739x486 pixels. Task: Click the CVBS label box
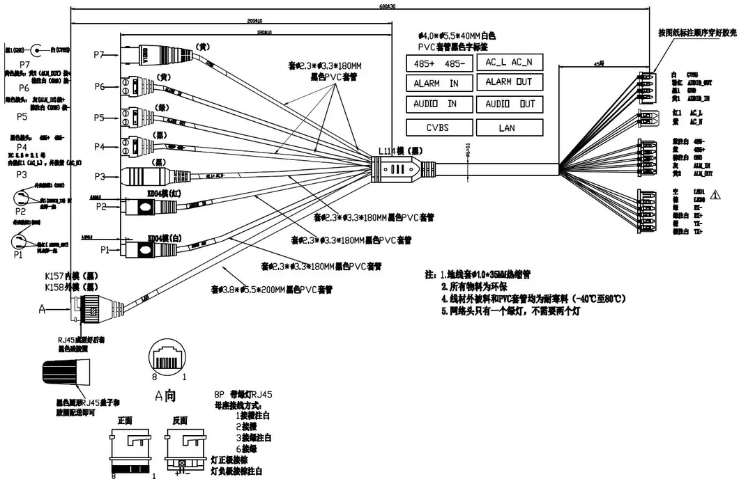pos(439,127)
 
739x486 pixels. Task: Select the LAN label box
pos(508,127)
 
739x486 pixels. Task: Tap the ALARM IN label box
pos(439,84)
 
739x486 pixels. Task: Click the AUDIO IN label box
pos(439,104)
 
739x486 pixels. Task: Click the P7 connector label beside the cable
pos(98,54)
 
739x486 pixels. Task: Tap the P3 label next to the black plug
pos(98,175)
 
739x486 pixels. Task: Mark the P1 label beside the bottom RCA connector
pos(105,249)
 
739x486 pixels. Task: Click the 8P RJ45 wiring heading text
pos(243,395)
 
